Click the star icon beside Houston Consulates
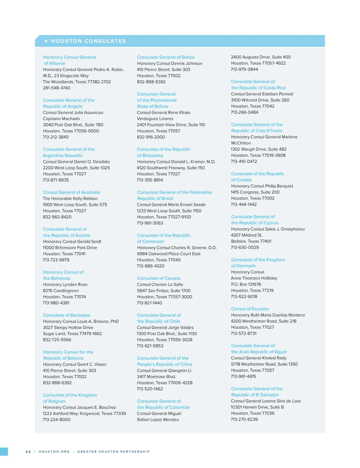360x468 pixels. point(46,41)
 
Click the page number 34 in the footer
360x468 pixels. point(28,451)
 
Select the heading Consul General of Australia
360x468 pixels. point(71,192)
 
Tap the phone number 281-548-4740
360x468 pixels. point(57,88)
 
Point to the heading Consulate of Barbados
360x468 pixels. point(66,315)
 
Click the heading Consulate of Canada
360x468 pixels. point(159,278)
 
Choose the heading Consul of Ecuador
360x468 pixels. point(250,309)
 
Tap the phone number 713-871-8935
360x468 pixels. point(56,180)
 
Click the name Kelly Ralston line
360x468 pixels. point(70,198)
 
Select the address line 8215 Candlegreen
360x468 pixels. point(61,291)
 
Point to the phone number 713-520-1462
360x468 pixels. point(150,389)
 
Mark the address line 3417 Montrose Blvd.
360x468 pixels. point(156,377)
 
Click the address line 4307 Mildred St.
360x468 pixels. point(246,235)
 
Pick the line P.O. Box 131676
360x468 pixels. point(246,284)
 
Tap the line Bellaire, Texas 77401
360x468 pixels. point(251,241)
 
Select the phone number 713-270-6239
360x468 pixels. point(244,419)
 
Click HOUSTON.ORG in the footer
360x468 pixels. point(54,451)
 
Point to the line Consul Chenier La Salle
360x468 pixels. point(160,284)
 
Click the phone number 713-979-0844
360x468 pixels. point(244,69)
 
